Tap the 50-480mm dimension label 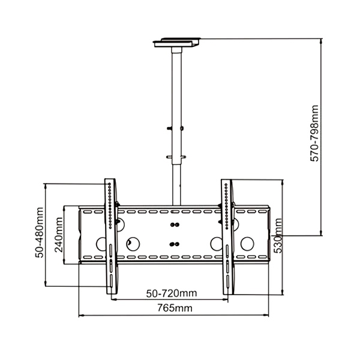click(40, 233)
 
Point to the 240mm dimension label click(59, 235)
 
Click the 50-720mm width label click(172, 293)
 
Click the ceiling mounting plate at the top click(177, 43)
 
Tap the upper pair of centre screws click(174, 225)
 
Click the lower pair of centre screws click(174, 244)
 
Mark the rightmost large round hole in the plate click(247, 244)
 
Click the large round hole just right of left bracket click(133, 244)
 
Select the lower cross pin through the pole click(176, 157)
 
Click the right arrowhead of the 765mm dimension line click(267, 315)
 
